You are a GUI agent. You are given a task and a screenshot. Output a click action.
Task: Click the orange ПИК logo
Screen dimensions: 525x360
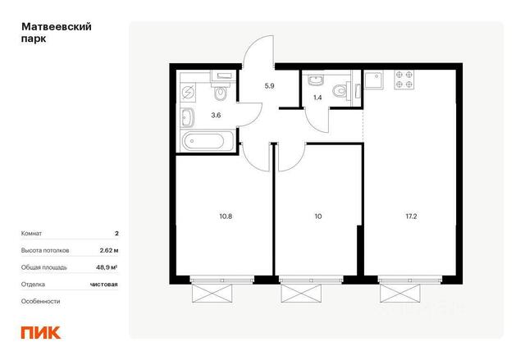pos(41,332)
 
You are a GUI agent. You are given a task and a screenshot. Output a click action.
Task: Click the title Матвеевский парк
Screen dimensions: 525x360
pos(57,33)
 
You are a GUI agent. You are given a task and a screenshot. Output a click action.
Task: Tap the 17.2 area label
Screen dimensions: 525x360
pos(411,216)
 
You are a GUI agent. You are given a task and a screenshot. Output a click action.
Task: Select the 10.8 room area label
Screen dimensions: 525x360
pos(226,216)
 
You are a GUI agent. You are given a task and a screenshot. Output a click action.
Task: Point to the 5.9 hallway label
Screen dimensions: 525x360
pos(270,85)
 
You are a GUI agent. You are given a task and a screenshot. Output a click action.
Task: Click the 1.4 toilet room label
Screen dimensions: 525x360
pos(317,98)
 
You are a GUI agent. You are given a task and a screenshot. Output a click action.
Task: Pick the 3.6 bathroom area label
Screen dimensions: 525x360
pos(216,116)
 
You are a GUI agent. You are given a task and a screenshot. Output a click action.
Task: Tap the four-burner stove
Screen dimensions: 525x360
pos(404,80)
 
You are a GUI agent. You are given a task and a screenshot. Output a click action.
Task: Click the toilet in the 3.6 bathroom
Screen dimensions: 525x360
pos(220,91)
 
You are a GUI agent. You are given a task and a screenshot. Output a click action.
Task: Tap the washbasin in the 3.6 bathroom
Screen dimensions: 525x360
pos(187,118)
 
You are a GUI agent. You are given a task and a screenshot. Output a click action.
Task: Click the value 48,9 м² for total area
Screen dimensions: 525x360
pos(107,267)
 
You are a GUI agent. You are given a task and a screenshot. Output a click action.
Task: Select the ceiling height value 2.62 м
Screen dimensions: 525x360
pos(109,250)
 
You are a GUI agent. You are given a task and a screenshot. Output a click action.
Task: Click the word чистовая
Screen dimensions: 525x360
pos(104,285)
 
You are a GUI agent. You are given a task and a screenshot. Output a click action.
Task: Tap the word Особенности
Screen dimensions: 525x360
pos(40,301)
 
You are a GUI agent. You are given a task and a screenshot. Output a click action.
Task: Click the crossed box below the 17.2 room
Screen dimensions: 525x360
pos(399,293)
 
